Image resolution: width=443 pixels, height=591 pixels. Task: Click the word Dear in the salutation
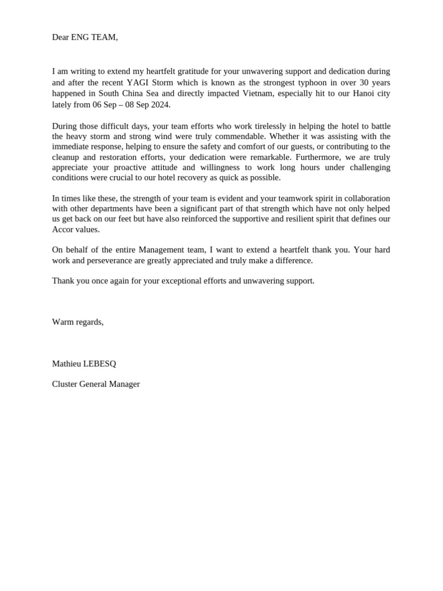click(x=61, y=38)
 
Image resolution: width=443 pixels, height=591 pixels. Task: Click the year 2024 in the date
click(x=159, y=104)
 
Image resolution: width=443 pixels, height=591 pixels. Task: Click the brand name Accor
click(x=63, y=230)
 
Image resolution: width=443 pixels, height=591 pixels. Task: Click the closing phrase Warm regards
click(x=77, y=322)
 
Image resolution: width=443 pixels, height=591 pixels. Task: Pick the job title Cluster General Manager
click(x=96, y=384)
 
